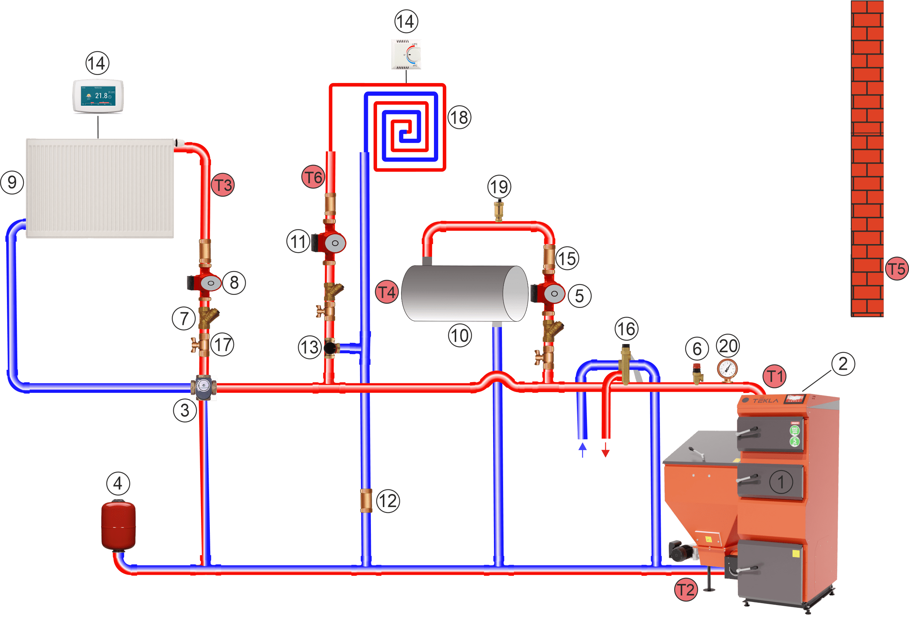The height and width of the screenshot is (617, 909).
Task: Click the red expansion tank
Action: [x=118, y=525]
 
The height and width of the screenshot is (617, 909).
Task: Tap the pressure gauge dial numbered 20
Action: [x=727, y=368]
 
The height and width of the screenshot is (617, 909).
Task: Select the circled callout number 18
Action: [x=459, y=117]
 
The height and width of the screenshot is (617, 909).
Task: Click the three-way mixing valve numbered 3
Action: [x=203, y=387]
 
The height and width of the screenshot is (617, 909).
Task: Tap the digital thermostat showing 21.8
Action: [x=98, y=96]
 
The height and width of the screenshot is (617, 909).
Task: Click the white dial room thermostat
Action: [x=406, y=54]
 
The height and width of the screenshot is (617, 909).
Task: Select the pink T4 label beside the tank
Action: [x=386, y=292]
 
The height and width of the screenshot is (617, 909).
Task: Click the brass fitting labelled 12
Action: [x=366, y=501]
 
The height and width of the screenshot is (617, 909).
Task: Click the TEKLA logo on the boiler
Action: [x=765, y=400]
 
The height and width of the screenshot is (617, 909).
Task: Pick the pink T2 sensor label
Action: [x=686, y=590]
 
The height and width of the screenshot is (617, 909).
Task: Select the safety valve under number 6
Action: [x=697, y=373]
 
